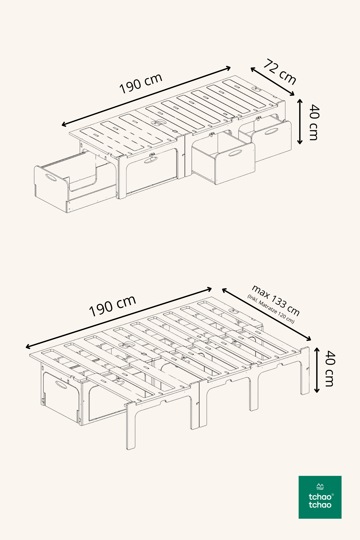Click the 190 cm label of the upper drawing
pos(141,83)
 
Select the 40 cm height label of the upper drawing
pos(314,122)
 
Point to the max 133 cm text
pos(276,300)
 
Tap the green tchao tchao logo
pos(320,497)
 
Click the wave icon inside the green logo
pos(320,486)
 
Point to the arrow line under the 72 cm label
pos(272,81)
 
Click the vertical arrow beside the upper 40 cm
pos(300,122)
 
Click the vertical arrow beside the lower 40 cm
pos(317,370)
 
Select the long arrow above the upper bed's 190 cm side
pos(146,97)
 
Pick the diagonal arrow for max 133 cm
pos(267,315)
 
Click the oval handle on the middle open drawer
pos(235,153)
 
